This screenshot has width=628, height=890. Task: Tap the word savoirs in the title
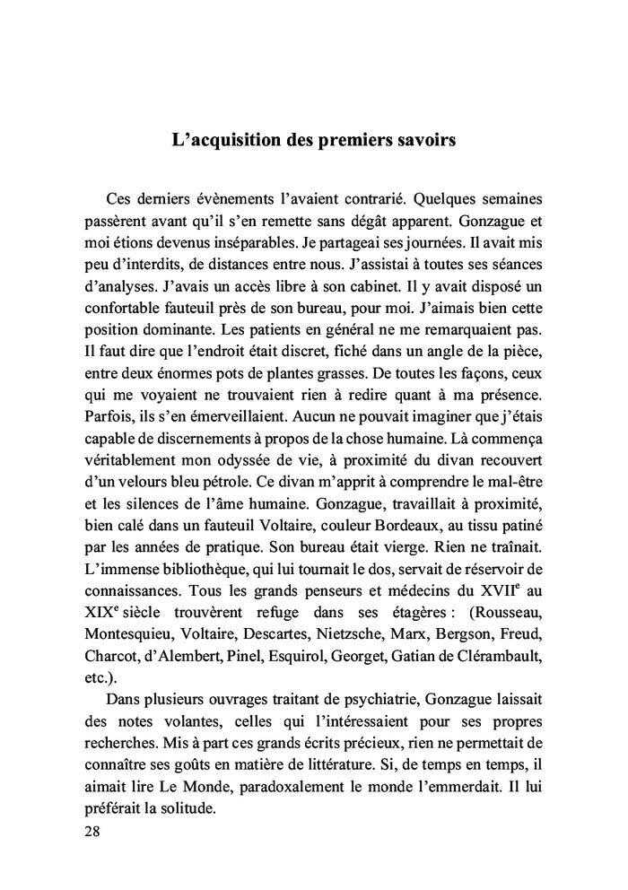(423, 141)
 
